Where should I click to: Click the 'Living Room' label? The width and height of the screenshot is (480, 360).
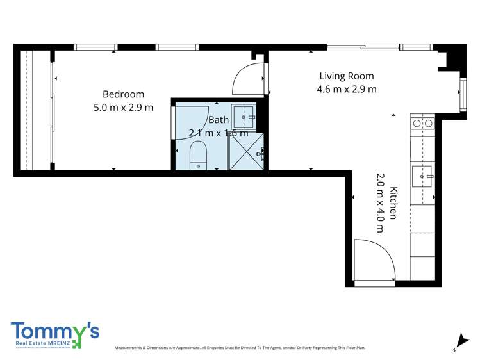pos(346,76)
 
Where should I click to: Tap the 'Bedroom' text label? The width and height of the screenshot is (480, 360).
pos(123,94)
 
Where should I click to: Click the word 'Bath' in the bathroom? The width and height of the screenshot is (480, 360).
pos(218,120)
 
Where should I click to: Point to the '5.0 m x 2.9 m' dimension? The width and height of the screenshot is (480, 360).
pos(123,108)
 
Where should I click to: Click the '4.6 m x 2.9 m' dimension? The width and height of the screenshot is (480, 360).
pos(346,89)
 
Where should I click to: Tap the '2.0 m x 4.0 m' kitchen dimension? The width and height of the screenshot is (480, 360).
pos(380,202)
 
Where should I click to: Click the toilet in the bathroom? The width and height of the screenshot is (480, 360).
pos(198,155)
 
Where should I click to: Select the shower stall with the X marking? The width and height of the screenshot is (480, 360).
pos(246,152)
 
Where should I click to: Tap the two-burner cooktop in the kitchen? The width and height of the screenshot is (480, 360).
pos(422,123)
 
